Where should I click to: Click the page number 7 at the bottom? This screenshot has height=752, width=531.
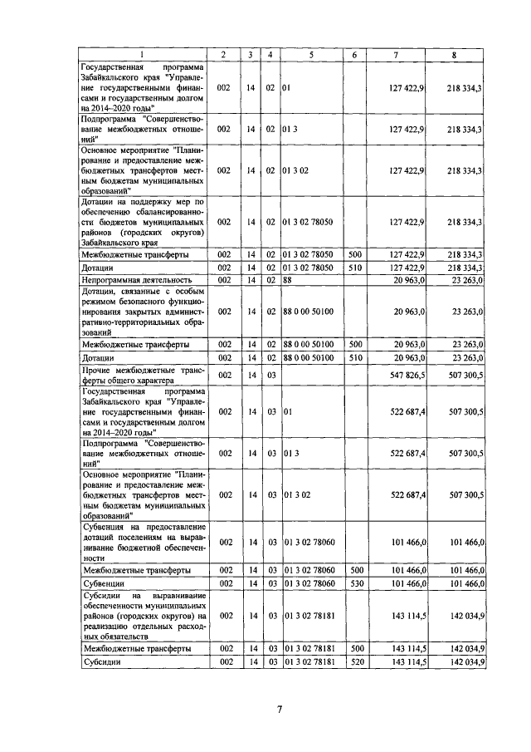(x=280, y=709)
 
